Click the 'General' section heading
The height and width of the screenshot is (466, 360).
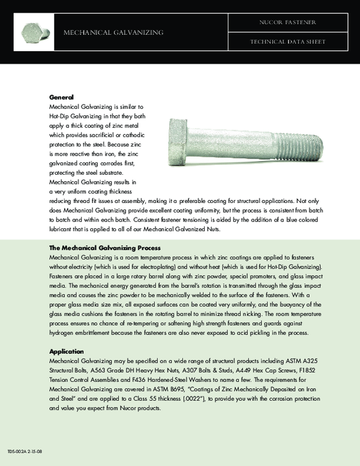[61, 97]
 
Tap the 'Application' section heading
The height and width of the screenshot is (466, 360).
[67, 351]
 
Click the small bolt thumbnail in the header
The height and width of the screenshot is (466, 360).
[35, 31]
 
